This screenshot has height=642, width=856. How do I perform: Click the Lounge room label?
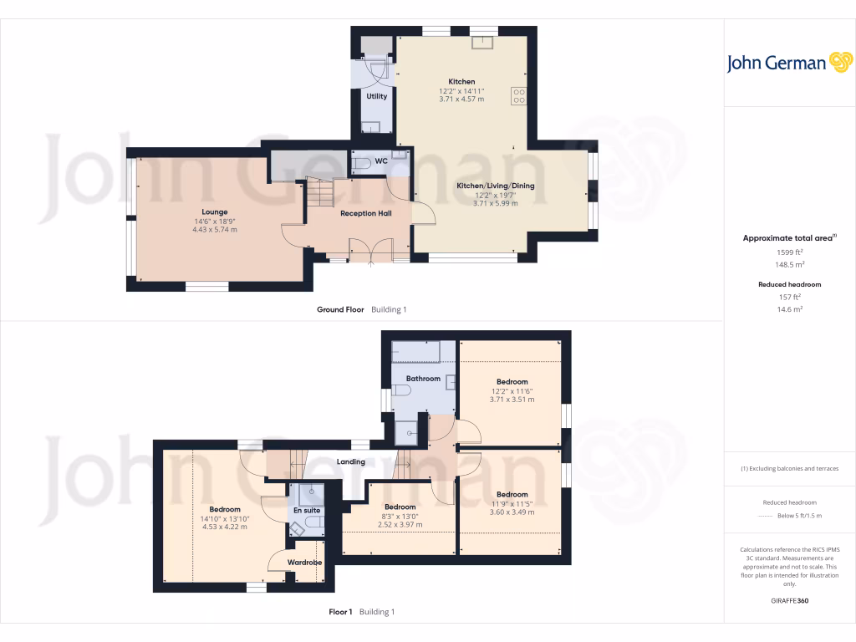(214, 211)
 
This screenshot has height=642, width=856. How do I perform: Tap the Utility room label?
(377, 96)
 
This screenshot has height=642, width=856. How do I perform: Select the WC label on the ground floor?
(380, 160)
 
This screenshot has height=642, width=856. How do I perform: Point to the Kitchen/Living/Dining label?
(495, 186)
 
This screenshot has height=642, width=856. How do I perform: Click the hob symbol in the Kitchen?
(518, 96)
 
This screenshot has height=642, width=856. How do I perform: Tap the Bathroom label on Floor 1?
(423, 379)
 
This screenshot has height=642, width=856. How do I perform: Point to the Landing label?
(350, 461)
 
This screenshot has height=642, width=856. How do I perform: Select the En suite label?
(305, 510)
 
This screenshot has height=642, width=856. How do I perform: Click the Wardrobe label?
(305, 563)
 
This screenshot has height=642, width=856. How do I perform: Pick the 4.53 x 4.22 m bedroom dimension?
(224, 527)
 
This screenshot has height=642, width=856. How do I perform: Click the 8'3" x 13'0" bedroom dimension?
(400, 516)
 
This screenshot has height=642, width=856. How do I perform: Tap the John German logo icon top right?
(839, 62)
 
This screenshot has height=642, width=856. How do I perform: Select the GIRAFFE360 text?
(789, 600)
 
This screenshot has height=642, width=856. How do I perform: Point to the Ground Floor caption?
(340, 309)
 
